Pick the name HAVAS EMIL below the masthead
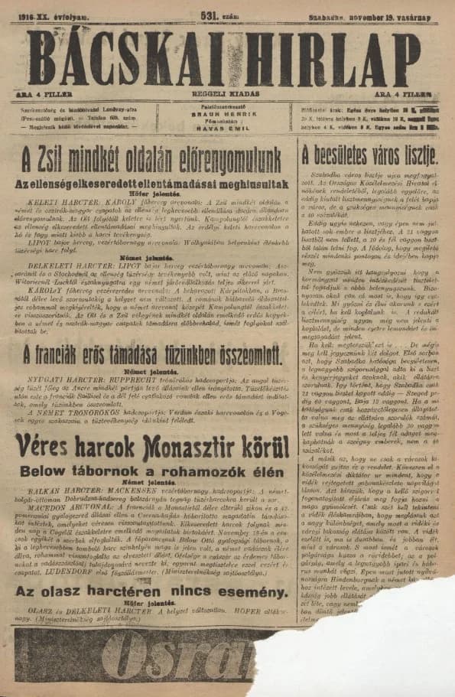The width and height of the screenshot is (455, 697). (x=227, y=127)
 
